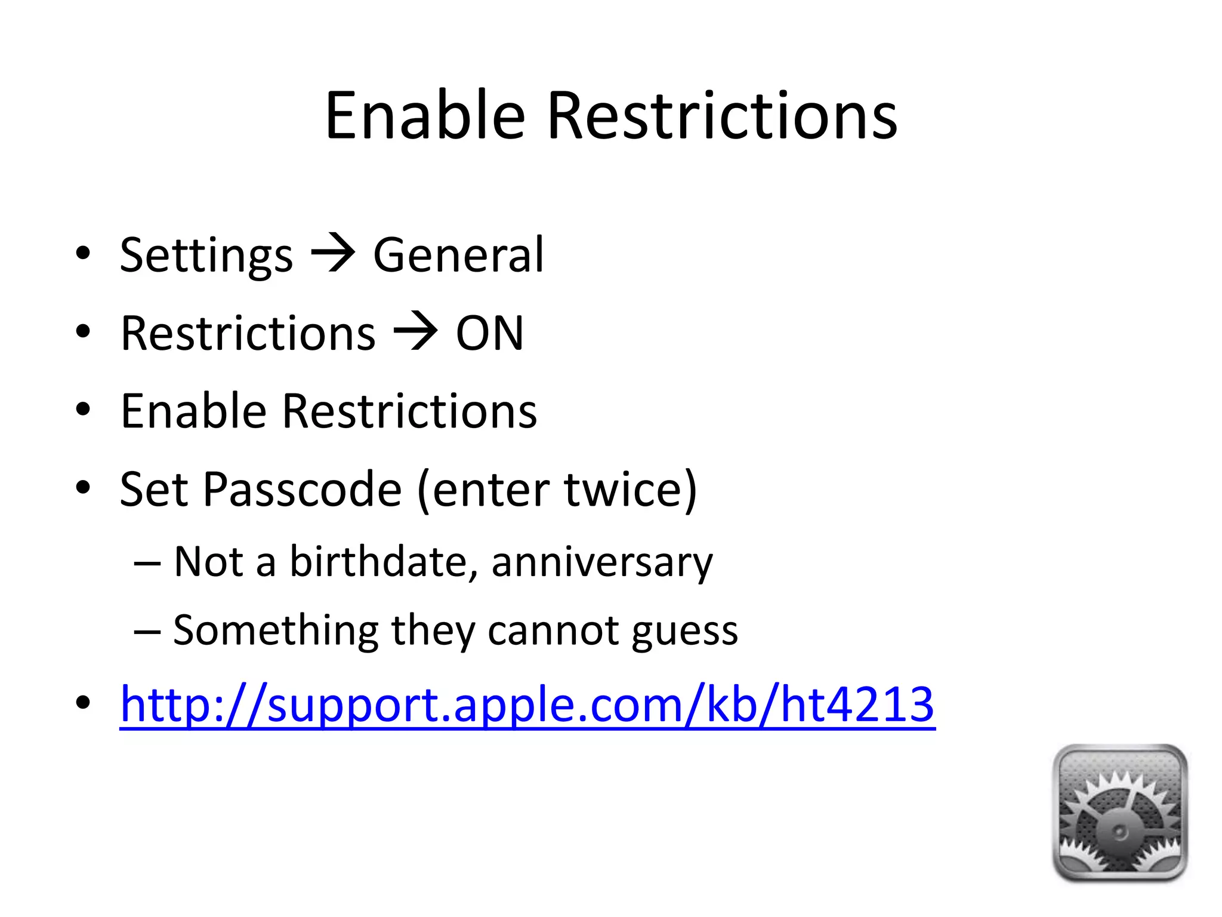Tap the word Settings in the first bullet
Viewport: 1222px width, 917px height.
pos(206,256)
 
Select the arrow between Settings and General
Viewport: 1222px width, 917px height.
pos(333,254)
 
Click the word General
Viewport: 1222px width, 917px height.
pos(458,255)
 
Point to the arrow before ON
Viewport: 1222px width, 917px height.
pos(415,333)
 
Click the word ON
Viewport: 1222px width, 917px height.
pos(489,333)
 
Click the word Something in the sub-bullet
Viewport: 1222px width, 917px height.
pos(276,630)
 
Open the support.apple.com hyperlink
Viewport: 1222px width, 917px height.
pos(527,704)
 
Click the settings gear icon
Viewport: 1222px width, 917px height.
pos(1120,813)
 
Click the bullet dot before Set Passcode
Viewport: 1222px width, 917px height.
pos(83,488)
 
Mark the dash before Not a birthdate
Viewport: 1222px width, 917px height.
pos(147,563)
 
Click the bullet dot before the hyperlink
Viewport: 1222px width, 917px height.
pos(83,703)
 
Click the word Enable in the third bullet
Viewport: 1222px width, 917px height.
pos(193,411)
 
